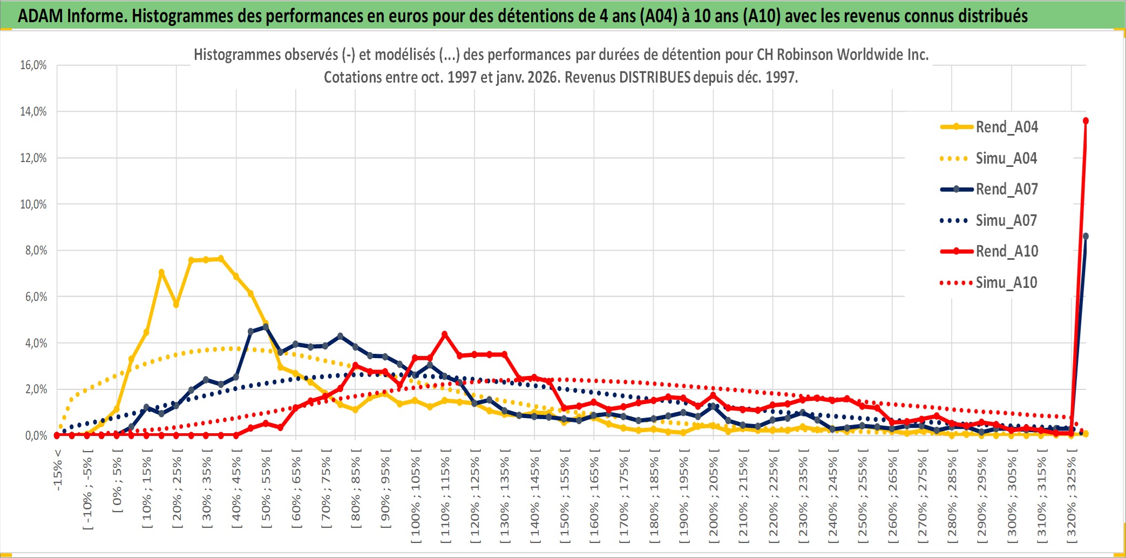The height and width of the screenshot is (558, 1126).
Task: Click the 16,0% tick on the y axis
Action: coord(33,65)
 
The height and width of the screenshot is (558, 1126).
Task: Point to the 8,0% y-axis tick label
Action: coord(36,251)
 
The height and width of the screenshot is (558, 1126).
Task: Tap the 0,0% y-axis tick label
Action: coord(36,435)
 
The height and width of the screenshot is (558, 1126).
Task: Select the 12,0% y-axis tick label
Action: coord(33,158)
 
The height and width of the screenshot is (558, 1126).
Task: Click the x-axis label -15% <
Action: coord(58,470)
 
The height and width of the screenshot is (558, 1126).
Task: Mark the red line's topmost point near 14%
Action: coord(1086,121)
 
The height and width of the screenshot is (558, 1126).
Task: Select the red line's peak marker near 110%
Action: coord(445,334)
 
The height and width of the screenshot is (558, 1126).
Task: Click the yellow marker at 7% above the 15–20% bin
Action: coord(161,272)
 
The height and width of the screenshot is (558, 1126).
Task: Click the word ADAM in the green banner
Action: coord(40,16)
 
